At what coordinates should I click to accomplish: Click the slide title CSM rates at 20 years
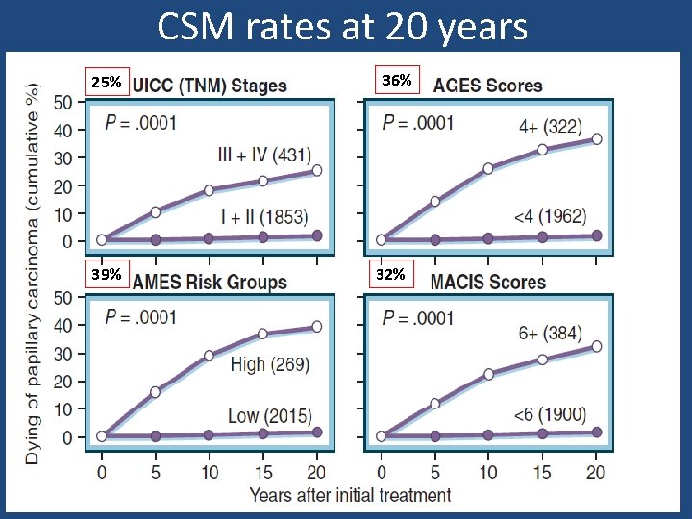tap(342, 26)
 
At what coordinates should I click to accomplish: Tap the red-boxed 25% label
tap(106, 83)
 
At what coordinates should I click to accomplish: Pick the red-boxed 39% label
tap(106, 275)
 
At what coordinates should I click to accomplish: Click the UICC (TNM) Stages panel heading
tap(209, 86)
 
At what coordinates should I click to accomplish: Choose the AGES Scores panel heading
tap(487, 85)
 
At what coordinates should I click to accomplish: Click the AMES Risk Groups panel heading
tap(210, 283)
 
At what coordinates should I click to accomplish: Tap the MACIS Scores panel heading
tap(487, 283)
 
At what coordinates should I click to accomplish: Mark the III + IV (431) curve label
tap(264, 155)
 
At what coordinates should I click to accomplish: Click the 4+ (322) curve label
tap(550, 126)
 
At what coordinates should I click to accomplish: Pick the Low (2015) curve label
tap(269, 415)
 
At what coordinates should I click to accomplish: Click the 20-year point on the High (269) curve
tap(316, 326)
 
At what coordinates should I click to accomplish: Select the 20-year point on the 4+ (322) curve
tap(596, 139)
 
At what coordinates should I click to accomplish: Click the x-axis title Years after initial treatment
tap(350, 495)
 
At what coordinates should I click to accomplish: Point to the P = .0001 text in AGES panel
tap(418, 122)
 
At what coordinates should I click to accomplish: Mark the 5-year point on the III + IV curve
tap(156, 211)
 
